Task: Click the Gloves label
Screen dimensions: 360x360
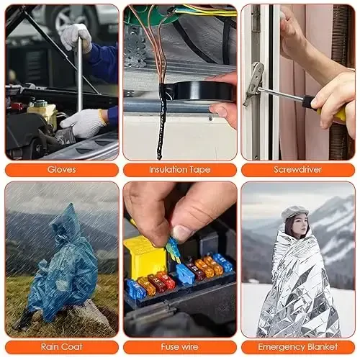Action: pyautogui.click(x=61, y=170)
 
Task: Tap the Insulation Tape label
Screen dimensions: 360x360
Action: pyautogui.click(x=179, y=170)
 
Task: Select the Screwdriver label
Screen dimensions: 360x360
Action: pyautogui.click(x=297, y=170)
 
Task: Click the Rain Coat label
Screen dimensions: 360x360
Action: pyautogui.click(x=61, y=346)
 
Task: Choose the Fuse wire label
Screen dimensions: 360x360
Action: pyautogui.click(x=179, y=346)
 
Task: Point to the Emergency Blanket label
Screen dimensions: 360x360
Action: pyautogui.click(x=297, y=346)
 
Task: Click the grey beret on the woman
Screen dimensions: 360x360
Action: pyautogui.click(x=294, y=212)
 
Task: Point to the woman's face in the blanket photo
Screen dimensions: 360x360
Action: pyautogui.click(x=295, y=225)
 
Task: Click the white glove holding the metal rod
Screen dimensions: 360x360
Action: pyautogui.click(x=76, y=36)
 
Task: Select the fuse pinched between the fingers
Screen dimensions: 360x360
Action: pyautogui.click(x=173, y=249)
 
